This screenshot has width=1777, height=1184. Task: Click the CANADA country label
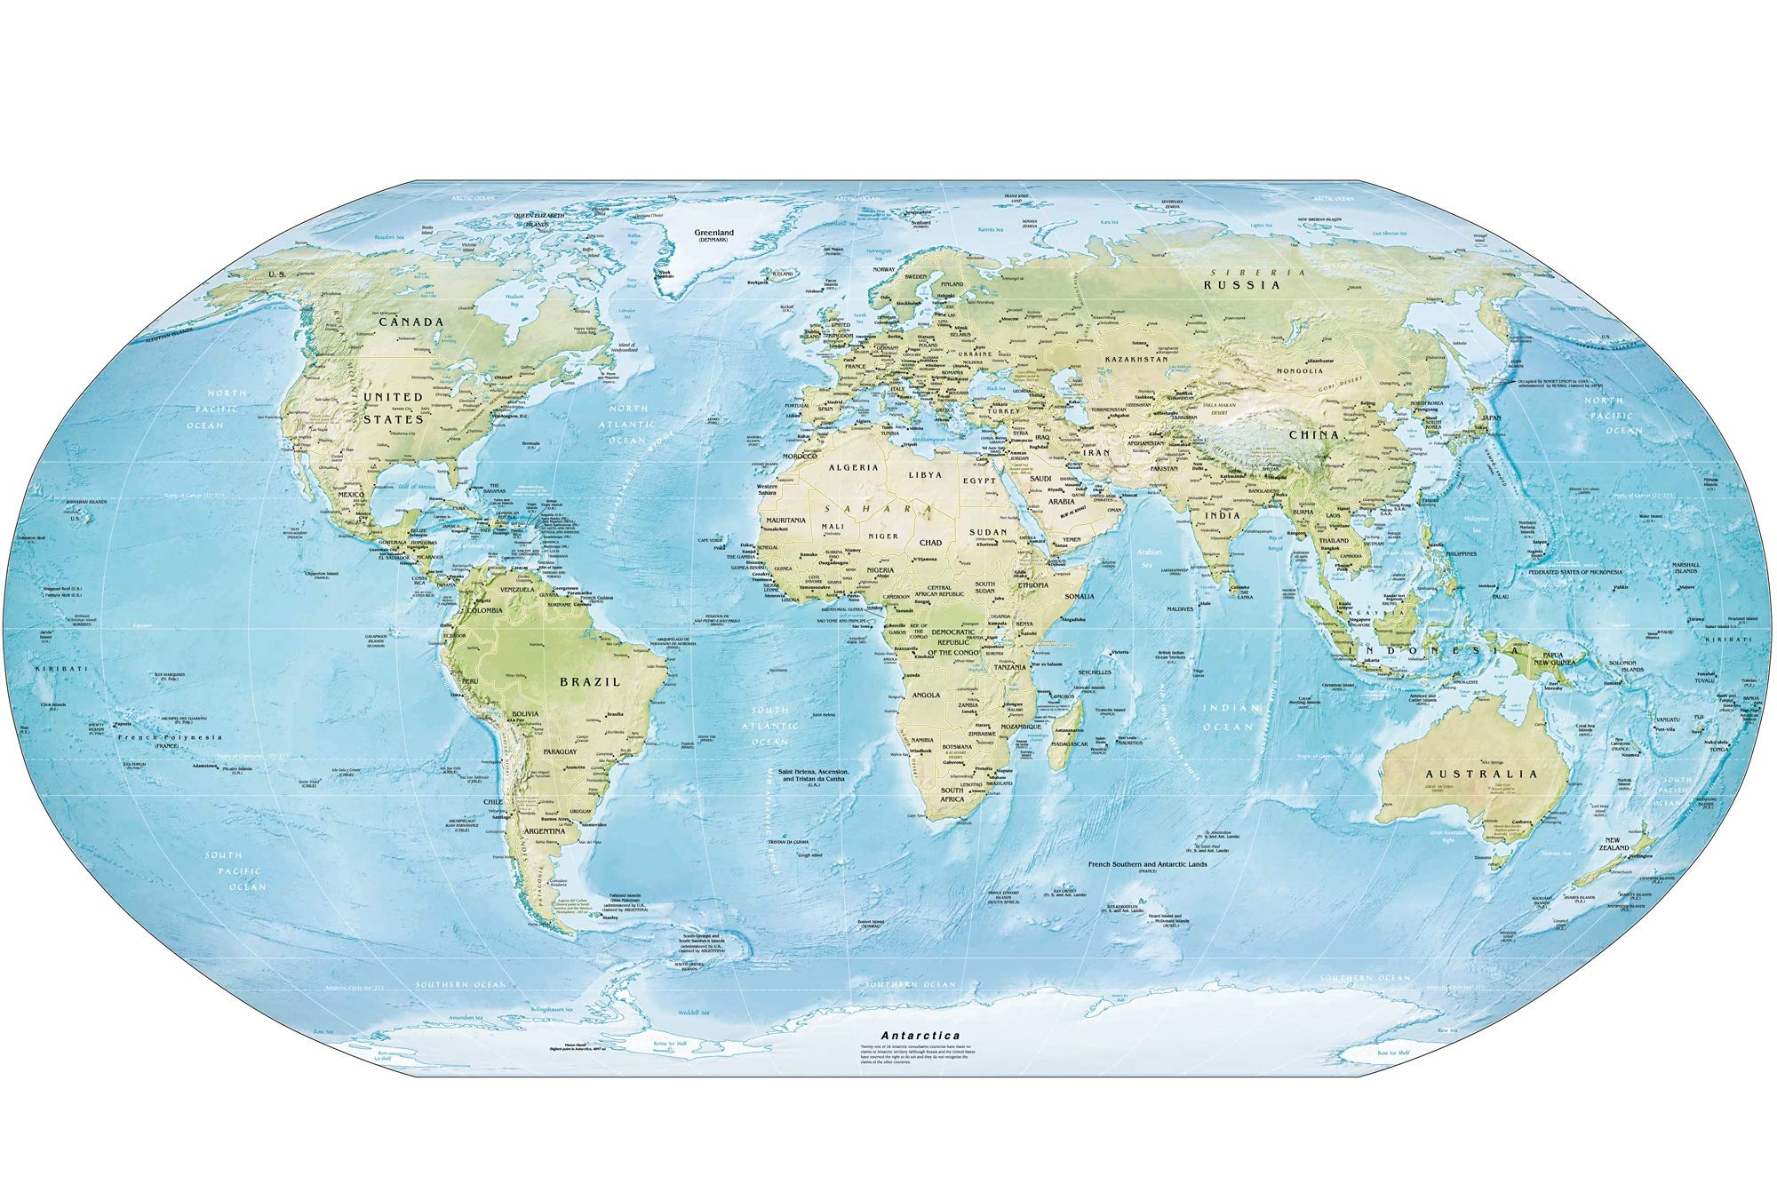point(411,322)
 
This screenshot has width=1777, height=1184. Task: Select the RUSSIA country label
point(1241,285)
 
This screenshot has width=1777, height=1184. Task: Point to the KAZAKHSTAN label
point(1136,359)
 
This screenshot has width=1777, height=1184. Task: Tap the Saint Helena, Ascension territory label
point(814,779)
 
